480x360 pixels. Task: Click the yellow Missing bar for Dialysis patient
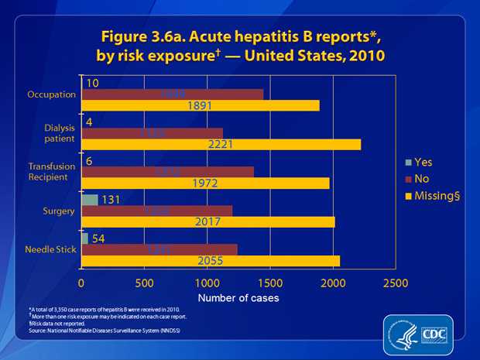click(x=221, y=144)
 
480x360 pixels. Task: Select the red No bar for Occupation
click(x=172, y=94)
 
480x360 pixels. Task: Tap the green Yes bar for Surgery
click(x=90, y=200)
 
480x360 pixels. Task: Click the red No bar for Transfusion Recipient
click(x=167, y=171)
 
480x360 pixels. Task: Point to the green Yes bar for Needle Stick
click(x=84, y=238)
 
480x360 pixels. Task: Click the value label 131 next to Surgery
click(x=115, y=200)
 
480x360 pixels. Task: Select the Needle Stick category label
click(x=51, y=249)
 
